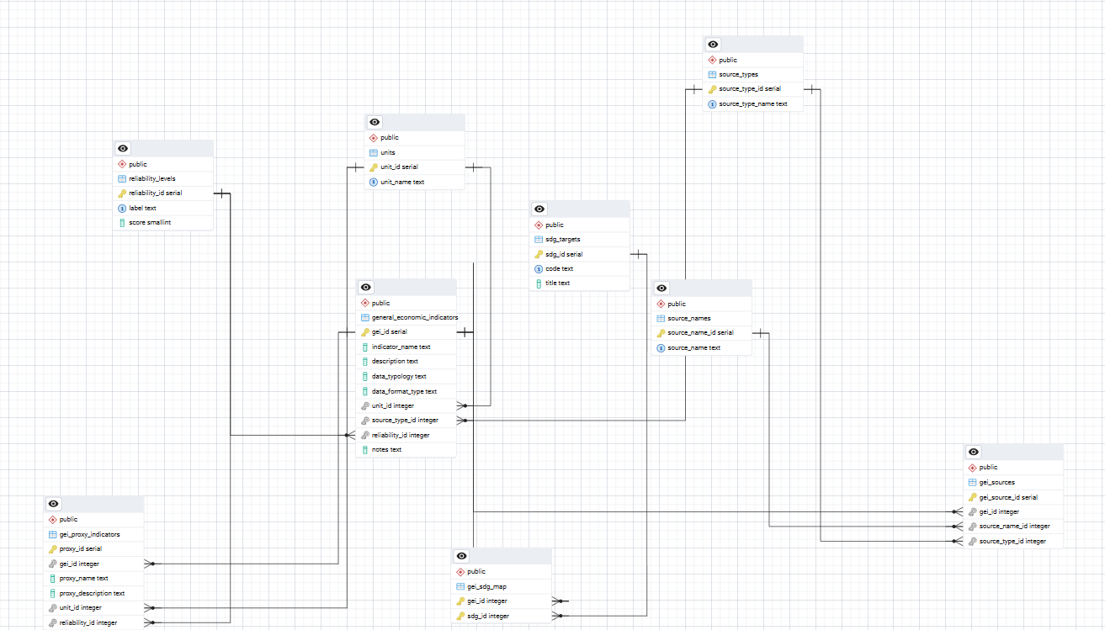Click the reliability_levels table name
(151, 178)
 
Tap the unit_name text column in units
(402, 182)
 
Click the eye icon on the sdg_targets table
(539, 209)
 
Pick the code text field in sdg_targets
(559, 268)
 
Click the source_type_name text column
(752, 103)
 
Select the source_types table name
(738, 75)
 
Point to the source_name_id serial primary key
(699, 332)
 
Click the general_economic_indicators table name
(415, 317)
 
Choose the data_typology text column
(399, 376)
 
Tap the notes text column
(386, 449)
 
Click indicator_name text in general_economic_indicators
(401, 347)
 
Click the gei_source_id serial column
(1008, 497)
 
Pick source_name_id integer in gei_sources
(1014, 526)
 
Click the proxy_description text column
(92, 593)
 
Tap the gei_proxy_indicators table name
(89, 534)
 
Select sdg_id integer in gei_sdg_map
(487, 616)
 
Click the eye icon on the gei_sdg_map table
(461, 556)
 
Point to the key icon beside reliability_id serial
(122, 193)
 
